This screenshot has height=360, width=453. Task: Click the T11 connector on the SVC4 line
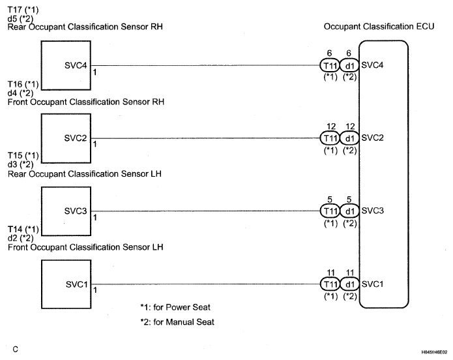point(330,65)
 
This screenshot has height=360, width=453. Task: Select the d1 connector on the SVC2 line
point(349,138)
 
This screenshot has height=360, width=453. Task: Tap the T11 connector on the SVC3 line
point(330,211)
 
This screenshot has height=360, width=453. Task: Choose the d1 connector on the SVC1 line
point(349,284)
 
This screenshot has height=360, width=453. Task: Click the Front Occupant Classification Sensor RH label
point(85,102)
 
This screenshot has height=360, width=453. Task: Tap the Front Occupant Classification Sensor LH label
point(85,247)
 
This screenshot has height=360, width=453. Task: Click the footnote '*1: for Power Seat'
point(175,307)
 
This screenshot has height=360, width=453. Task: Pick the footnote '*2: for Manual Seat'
point(176,322)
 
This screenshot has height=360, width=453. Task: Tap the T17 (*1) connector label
point(23,8)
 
